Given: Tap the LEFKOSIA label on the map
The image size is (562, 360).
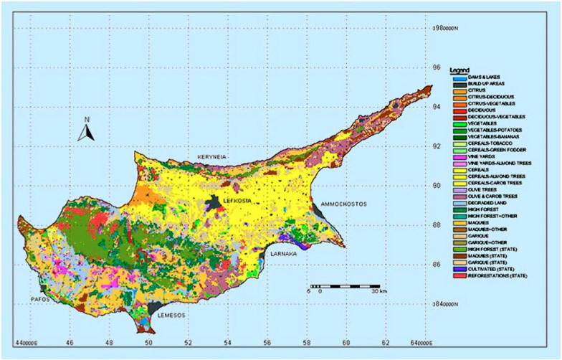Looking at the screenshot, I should [237, 202].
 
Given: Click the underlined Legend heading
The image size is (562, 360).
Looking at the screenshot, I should [459, 70].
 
